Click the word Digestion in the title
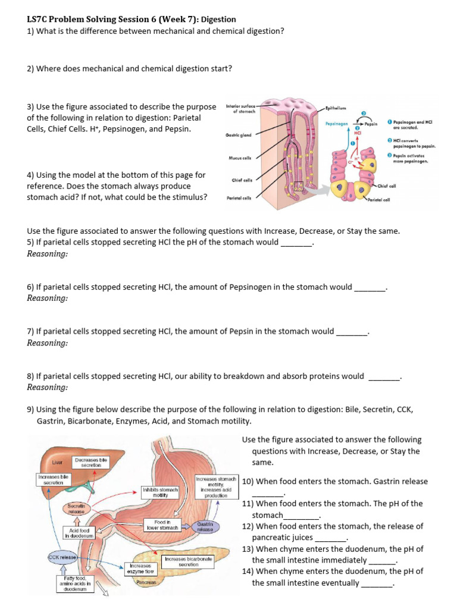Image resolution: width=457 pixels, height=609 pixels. tap(218, 20)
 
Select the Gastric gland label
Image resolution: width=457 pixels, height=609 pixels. tap(238, 135)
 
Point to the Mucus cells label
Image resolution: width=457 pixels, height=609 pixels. tap(240, 158)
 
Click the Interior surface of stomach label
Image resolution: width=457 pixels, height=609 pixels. tap(240, 108)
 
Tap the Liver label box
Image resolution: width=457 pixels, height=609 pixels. tap(58, 462)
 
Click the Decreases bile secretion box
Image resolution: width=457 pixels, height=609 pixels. tap(91, 462)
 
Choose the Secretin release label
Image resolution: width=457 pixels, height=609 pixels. tap(77, 508)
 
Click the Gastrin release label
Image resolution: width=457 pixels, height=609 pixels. tap(205, 527)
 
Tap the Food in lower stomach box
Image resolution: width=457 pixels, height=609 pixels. tap(162, 525)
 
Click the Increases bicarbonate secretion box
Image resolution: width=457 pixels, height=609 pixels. tap(188, 562)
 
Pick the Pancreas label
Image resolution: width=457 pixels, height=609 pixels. tap(146, 582)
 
